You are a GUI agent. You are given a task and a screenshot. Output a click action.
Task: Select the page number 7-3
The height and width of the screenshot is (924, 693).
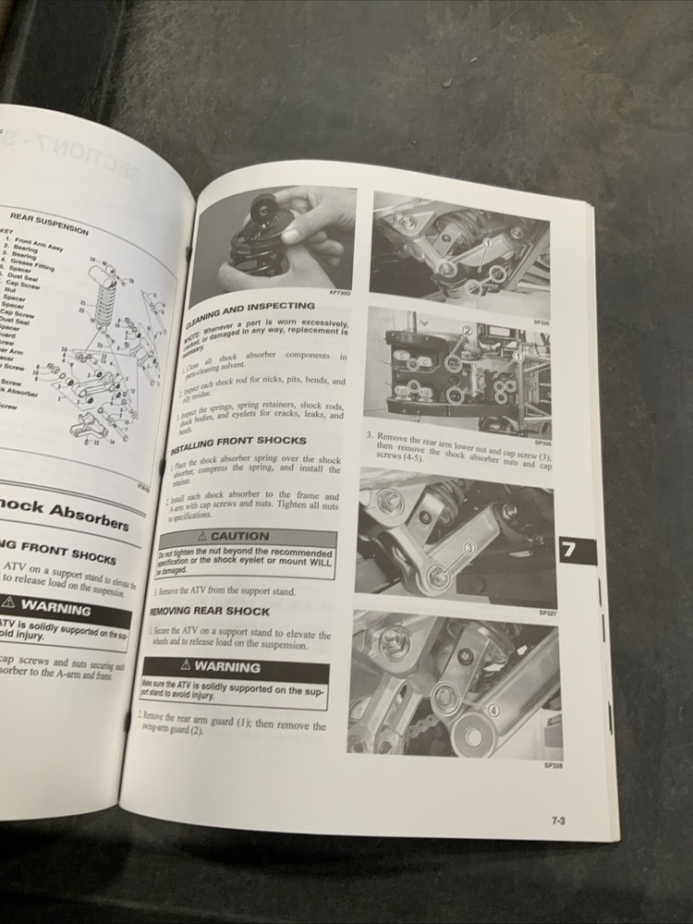(558, 820)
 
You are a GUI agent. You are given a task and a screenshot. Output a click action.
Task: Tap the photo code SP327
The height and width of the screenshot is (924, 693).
(546, 611)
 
